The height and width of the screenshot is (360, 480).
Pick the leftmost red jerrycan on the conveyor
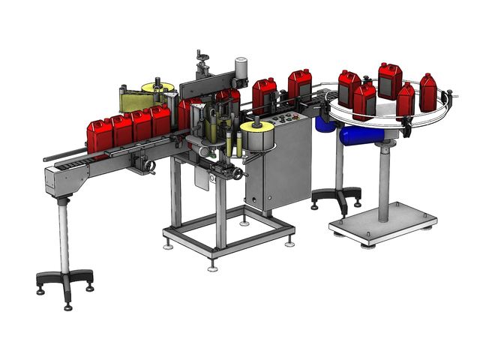98,135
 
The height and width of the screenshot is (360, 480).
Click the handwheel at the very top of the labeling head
201,55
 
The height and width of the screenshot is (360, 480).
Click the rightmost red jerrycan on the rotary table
428,91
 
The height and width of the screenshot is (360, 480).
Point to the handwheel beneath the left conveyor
149,166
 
